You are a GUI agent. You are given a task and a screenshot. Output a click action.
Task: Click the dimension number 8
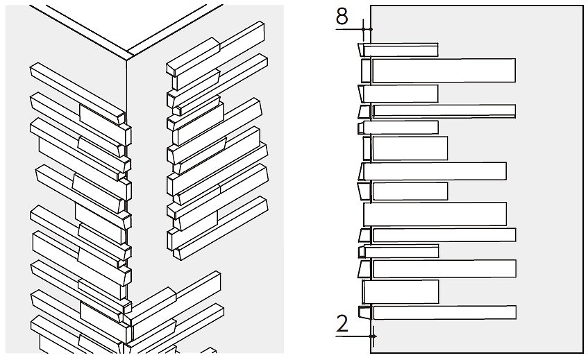(342, 16)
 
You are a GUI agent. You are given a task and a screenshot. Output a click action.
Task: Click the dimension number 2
(342, 324)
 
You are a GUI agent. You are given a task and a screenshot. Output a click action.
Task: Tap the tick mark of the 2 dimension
(373, 336)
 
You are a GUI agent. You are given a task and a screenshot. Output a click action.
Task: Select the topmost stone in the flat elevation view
(401, 49)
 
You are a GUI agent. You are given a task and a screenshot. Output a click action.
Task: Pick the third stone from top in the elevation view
(401, 94)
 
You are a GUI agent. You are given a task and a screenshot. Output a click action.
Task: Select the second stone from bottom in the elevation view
(401, 291)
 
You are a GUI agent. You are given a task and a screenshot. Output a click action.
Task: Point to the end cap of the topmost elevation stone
(361, 49)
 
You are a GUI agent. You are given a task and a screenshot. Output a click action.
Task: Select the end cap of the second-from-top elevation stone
(366, 71)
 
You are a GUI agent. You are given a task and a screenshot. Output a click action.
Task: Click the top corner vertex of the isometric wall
(126, 58)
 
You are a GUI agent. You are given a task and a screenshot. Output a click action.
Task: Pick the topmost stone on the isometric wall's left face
(76, 87)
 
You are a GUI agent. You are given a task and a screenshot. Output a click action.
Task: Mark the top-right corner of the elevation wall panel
(582, 6)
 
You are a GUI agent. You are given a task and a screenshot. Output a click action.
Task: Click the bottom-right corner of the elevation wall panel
(582, 352)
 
